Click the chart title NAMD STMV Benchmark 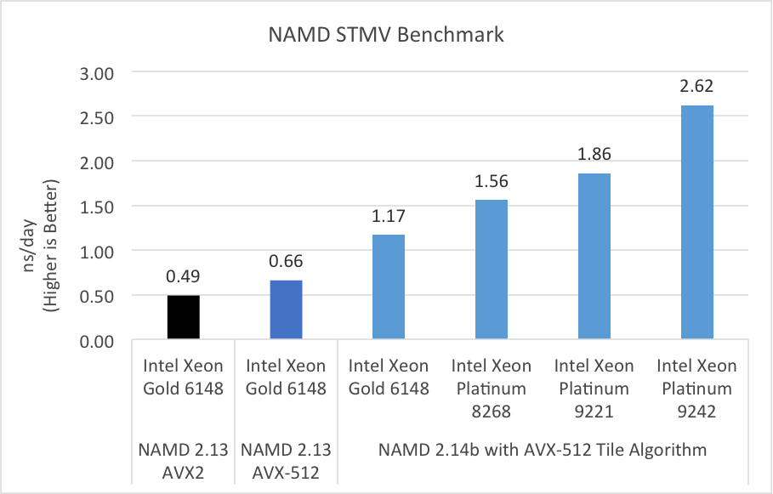pyautogui.click(x=386, y=35)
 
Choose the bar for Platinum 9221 pyautogui.click(x=594, y=257)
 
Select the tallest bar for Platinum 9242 pyautogui.click(x=696, y=223)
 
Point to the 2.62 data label pyautogui.click(x=696, y=87)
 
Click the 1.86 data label pyautogui.click(x=594, y=155)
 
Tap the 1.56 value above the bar pyautogui.click(x=491, y=182)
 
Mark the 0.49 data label pyautogui.click(x=182, y=277)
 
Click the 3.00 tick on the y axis pyautogui.click(x=97, y=72)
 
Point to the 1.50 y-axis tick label pyautogui.click(x=97, y=207)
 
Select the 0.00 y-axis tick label pyautogui.click(x=97, y=341)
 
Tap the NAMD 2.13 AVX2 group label pyautogui.click(x=182, y=460)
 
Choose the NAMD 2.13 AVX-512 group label pyautogui.click(x=285, y=460)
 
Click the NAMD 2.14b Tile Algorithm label pyautogui.click(x=542, y=450)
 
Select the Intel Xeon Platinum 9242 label pyautogui.click(x=696, y=389)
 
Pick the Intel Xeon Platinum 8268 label pyautogui.click(x=491, y=389)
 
